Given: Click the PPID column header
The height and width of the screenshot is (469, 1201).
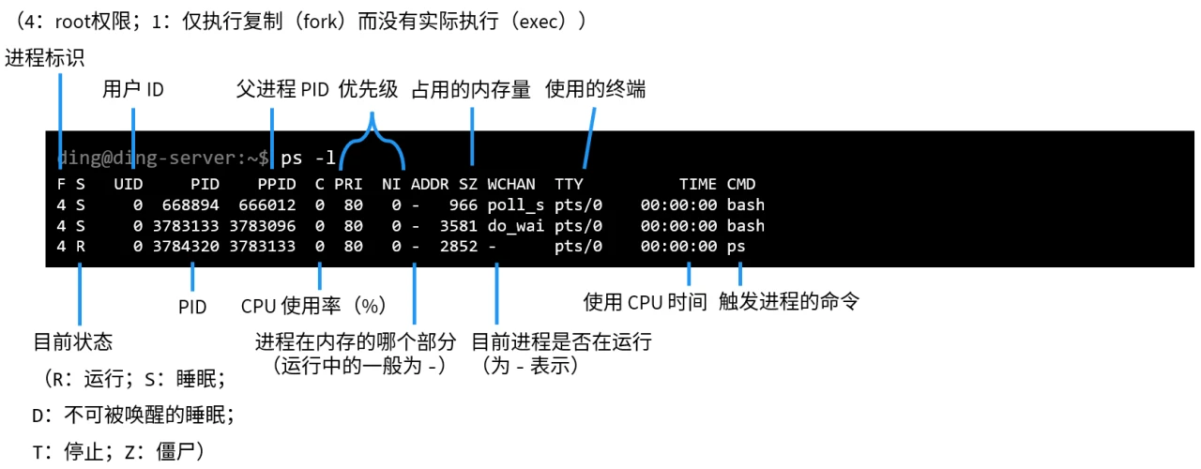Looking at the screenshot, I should (277, 184).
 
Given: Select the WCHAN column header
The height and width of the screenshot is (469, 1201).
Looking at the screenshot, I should (511, 184).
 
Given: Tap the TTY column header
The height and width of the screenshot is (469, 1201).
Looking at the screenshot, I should (569, 184).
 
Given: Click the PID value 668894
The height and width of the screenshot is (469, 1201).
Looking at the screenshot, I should (190, 204).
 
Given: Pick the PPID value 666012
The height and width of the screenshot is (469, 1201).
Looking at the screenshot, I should (266, 204).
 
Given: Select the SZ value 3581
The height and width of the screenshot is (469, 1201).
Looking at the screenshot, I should (459, 226).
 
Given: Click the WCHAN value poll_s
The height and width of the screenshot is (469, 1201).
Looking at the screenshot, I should (516, 204).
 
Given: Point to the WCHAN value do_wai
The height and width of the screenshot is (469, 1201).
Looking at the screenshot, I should (516, 226).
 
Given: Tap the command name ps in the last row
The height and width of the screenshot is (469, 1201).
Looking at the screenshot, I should (737, 247).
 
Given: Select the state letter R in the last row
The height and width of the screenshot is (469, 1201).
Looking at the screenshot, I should (80, 247).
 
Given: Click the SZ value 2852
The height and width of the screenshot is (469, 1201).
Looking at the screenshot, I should (459, 247).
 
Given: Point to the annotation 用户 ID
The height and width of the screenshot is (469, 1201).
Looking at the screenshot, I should (133, 90).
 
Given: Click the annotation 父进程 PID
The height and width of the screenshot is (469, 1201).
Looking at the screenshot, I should (282, 90).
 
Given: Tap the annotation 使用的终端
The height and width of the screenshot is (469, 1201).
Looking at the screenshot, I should (595, 90).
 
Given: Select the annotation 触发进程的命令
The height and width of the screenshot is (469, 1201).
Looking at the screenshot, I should (789, 302).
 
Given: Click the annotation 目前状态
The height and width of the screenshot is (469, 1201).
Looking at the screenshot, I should (73, 342).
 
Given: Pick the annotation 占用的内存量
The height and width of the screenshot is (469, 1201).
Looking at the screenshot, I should (471, 90).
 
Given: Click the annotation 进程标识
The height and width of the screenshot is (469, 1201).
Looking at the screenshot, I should (45, 58).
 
